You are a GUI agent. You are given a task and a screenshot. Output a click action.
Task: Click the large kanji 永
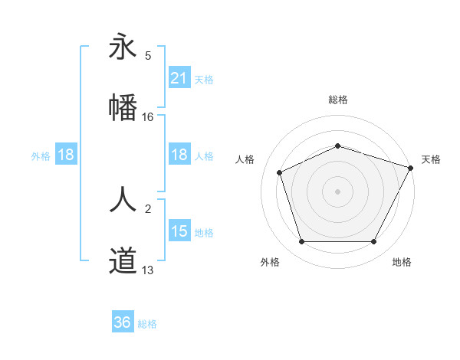(x=123, y=47)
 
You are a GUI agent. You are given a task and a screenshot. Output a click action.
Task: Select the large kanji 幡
(x=123, y=106)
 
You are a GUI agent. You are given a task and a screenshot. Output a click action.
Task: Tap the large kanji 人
(x=123, y=201)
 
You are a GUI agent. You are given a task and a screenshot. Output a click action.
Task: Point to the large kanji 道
(x=123, y=260)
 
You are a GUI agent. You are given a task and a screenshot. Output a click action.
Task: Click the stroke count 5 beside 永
(x=148, y=56)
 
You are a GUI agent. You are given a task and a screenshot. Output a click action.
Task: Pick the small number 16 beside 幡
(x=148, y=116)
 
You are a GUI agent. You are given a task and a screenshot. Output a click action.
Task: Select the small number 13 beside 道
(x=148, y=270)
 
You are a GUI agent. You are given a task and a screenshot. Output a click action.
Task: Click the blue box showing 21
(x=179, y=77)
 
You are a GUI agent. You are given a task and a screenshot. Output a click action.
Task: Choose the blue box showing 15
(x=179, y=231)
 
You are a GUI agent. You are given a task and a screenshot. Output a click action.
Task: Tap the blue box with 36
(x=123, y=322)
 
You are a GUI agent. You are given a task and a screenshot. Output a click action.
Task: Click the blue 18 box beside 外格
(x=66, y=155)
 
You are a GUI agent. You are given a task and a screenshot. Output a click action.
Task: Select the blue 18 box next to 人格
(x=179, y=155)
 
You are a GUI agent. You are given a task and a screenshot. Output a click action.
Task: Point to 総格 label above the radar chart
(x=337, y=100)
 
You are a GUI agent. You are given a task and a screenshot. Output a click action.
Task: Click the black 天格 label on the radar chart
(x=431, y=159)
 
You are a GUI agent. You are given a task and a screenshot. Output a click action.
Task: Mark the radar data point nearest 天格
(x=411, y=168)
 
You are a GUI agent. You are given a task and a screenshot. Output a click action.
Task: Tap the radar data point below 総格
(x=337, y=146)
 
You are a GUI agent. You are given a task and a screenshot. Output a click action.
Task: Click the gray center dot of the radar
(x=337, y=191)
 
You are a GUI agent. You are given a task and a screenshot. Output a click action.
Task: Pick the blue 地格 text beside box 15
(x=204, y=232)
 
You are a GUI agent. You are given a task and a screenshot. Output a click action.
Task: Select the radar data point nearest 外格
(x=301, y=242)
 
